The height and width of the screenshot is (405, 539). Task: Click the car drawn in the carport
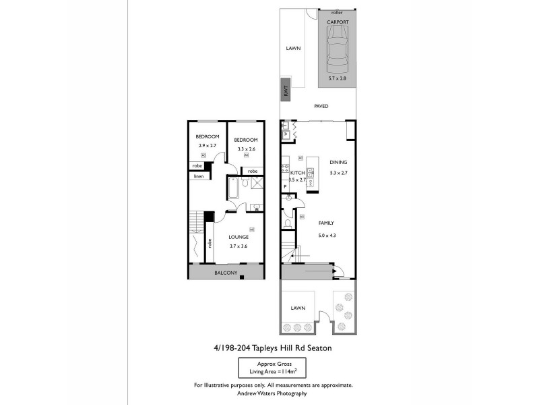pyautogui.click(x=337, y=52)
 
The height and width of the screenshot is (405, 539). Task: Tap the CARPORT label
pyautogui.click(x=337, y=22)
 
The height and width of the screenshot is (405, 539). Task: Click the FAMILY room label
pyautogui.click(x=326, y=223)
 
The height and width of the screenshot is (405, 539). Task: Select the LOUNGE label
pyautogui.click(x=239, y=237)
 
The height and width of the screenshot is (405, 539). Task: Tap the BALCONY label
pyautogui.click(x=225, y=273)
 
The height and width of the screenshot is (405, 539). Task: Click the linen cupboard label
pyautogui.click(x=199, y=176)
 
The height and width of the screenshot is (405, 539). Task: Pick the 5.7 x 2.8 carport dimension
pyautogui.click(x=337, y=79)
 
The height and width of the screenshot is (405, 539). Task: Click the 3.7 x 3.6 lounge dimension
pyautogui.click(x=239, y=246)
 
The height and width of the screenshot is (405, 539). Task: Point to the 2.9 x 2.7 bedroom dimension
pyautogui.click(x=208, y=146)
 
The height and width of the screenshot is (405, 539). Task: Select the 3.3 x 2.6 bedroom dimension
pyautogui.click(x=247, y=148)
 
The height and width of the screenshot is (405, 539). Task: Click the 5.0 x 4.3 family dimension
pyautogui.click(x=327, y=235)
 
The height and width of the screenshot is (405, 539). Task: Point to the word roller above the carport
pyautogui.click(x=337, y=12)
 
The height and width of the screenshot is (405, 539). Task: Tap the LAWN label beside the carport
pyautogui.click(x=292, y=48)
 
